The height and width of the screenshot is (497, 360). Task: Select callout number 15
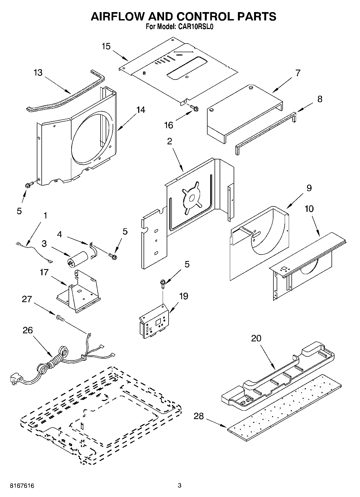pos(106,46)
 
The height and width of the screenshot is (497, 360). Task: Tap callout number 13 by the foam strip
pos(38,73)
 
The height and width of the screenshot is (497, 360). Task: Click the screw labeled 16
pos(195,108)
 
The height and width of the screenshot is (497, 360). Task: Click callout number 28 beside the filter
pos(199,416)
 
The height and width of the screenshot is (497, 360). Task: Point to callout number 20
pos(256,338)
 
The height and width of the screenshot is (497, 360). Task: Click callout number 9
pos(309,188)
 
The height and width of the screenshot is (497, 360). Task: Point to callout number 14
pos(141,110)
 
